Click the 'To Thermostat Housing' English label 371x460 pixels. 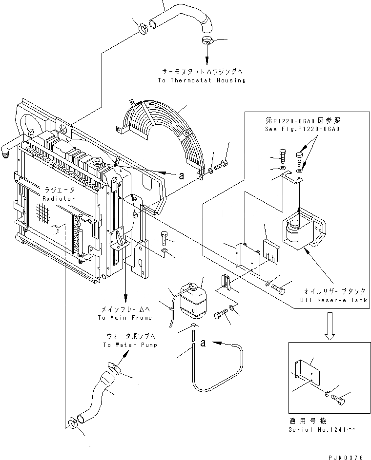(x=202, y=80)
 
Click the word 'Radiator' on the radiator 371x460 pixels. (x=59, y=199)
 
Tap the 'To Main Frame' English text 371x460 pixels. (x=125, y=317)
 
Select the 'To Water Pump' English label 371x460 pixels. (x=130, y=345)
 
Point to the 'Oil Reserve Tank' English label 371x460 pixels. (x=334, y=300)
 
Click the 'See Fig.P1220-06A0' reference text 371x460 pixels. (x=302, y=129)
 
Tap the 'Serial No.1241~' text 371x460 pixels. (x=322, y=430)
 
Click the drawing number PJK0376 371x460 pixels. (x=346, y=457)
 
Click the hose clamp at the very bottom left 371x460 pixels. (x=73, y=423)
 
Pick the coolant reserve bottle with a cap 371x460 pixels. (x=193, y=300)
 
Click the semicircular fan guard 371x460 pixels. (x=161, y=138)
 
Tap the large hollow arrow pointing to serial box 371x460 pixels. (x=330, y=326)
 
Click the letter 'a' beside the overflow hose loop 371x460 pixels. (x=203, y=343)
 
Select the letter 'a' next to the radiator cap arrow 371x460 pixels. (x=182, y=175)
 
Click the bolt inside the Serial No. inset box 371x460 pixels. (x=338, y=400)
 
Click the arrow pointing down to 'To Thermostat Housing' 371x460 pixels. (x=207, y=55)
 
